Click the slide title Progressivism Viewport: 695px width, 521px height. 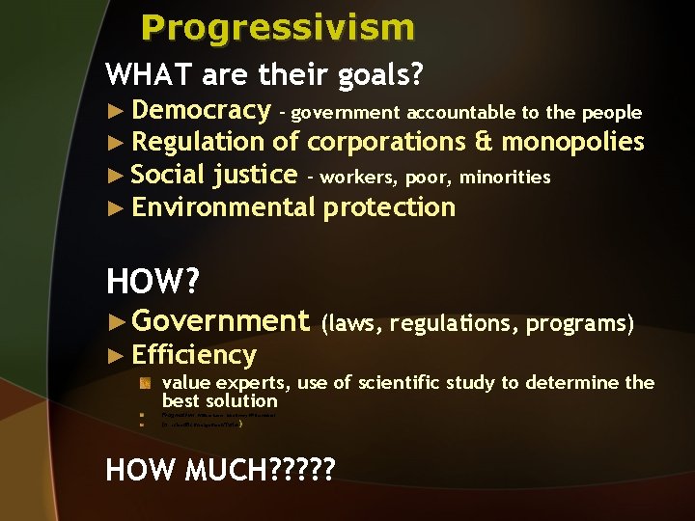coord(278,27)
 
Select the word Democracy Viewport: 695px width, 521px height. coord(201,111)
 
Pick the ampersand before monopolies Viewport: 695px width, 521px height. coord(484,143)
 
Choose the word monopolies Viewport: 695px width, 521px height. coord(572,143)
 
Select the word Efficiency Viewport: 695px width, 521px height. coord(194,355)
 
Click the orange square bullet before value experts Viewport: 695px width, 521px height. coord(144,383)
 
